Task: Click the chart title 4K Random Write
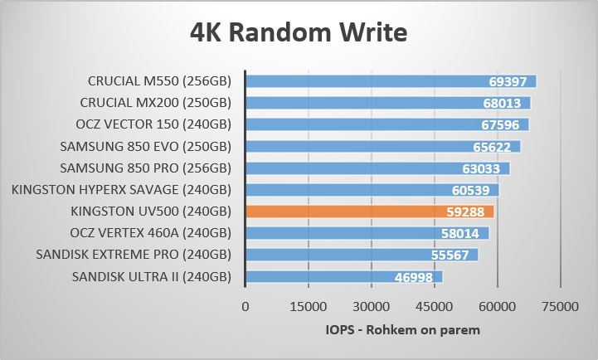point(299,33)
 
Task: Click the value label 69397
point(510,81)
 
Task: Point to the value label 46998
point(417,276)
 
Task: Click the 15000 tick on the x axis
point(308,307)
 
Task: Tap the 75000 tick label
point(560,307)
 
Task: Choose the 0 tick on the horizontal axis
point(245,307)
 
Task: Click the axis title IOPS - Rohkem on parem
point(402,330)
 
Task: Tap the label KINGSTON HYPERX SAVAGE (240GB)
point(121,190)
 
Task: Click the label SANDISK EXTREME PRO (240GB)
point(134,255)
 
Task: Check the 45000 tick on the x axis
point(434,307)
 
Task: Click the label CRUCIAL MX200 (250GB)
point(155,103)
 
